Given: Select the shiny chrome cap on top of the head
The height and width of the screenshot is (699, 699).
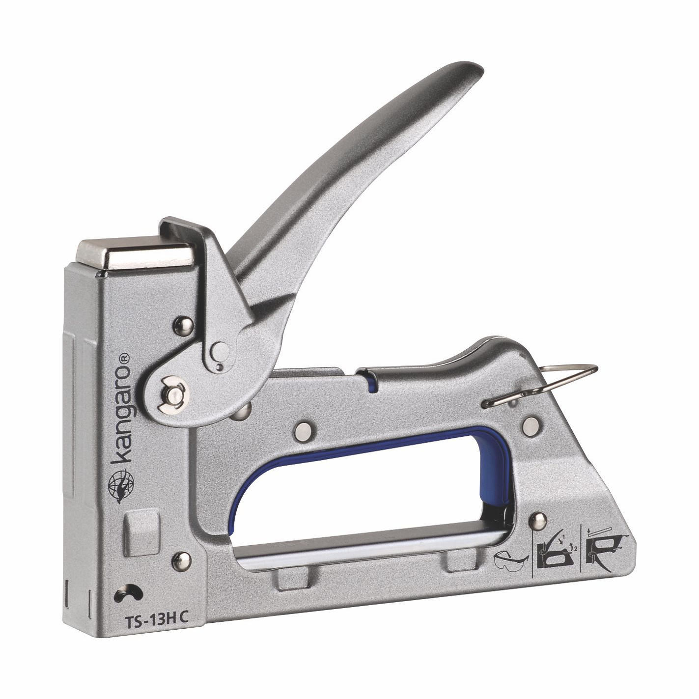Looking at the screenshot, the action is (136, 254).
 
